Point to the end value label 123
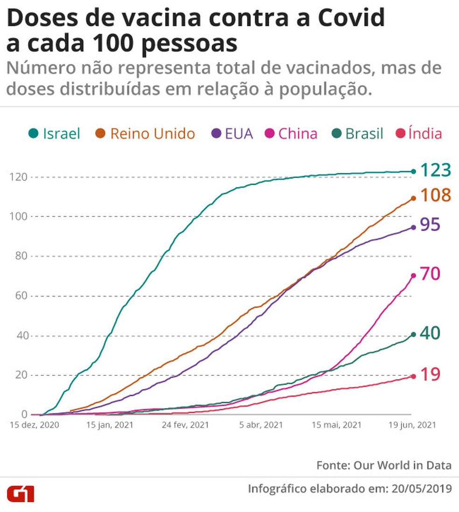436,170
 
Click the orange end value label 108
436,195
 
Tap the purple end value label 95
430,225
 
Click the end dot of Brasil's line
413,334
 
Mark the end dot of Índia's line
413,376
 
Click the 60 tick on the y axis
18,296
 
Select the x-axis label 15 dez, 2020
34,425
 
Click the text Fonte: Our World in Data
384,465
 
